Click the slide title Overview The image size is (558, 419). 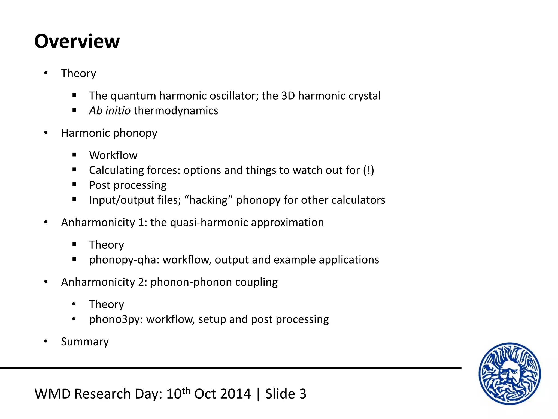(77, 41)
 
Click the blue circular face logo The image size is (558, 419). (510, 373)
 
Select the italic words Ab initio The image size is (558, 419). (110, 111)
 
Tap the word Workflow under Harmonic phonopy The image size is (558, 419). (113, 155)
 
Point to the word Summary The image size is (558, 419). (85, 342)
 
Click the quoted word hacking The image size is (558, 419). (208, 200)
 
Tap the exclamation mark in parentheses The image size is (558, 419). (369, 170)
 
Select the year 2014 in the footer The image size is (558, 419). (235, 394)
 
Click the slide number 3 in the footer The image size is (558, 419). (303, 394)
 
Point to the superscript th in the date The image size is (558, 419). (186, 390)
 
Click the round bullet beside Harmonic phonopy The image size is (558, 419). (46, 133)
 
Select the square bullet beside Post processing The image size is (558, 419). (74, 185)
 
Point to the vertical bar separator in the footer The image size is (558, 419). (258, 394)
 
